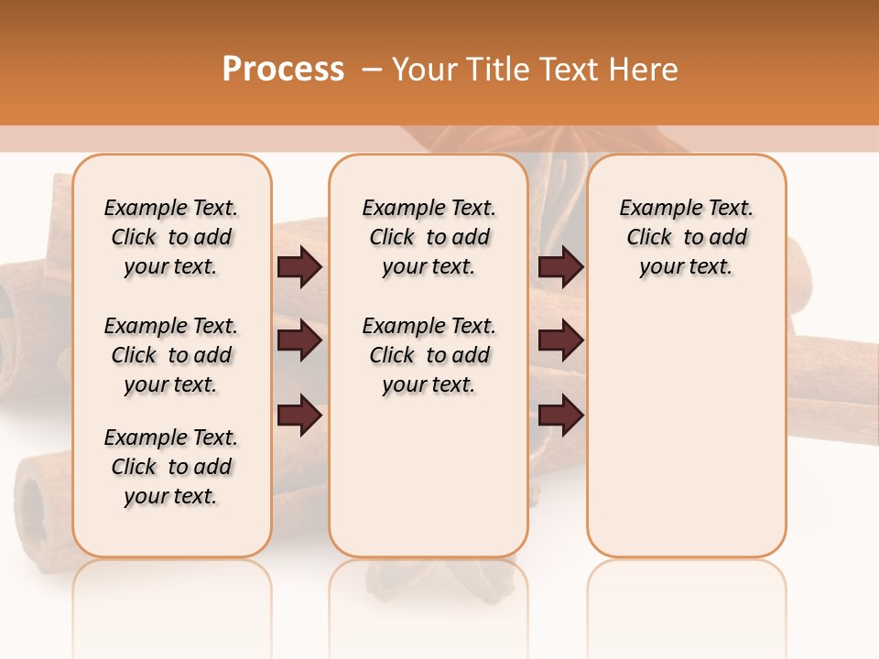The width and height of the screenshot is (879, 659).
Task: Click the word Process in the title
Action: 283,69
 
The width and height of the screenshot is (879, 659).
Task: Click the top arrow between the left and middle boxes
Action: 299,267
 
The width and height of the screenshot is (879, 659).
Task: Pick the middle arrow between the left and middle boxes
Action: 299,341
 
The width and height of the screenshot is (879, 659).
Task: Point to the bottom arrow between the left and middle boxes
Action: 299,416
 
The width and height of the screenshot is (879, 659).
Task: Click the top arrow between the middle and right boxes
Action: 561,267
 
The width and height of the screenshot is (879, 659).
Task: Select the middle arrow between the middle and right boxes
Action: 561,341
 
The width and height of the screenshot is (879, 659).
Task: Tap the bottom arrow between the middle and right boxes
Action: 561,416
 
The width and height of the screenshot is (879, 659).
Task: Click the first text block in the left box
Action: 171,237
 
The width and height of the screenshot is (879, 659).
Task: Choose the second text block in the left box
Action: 171,355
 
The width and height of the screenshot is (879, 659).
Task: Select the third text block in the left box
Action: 171,467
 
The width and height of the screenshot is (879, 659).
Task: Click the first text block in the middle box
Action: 429,237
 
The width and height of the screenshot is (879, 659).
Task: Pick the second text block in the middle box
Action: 429,355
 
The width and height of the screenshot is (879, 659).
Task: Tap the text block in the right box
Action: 687,237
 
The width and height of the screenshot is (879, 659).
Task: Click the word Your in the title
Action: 423,69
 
